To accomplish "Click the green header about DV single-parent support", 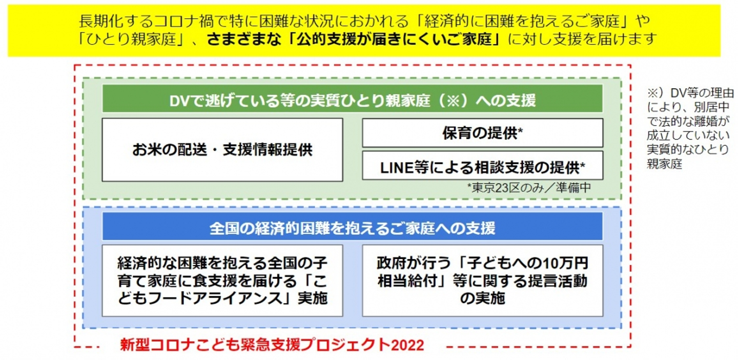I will [x=353, y=99].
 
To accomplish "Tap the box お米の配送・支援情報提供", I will [x=222, y=150].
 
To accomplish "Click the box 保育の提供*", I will [x=482, y=133].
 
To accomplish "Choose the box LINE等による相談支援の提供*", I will [x=482, y=166].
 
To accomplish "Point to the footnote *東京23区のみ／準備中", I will [x=529, y=188].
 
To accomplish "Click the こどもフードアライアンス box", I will [x=222, y=281].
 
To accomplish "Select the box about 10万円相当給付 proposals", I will [x=482, y=281].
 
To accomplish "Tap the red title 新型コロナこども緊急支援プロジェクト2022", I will [x=272, y=345].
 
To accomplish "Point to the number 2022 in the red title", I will [x=407, y=345].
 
